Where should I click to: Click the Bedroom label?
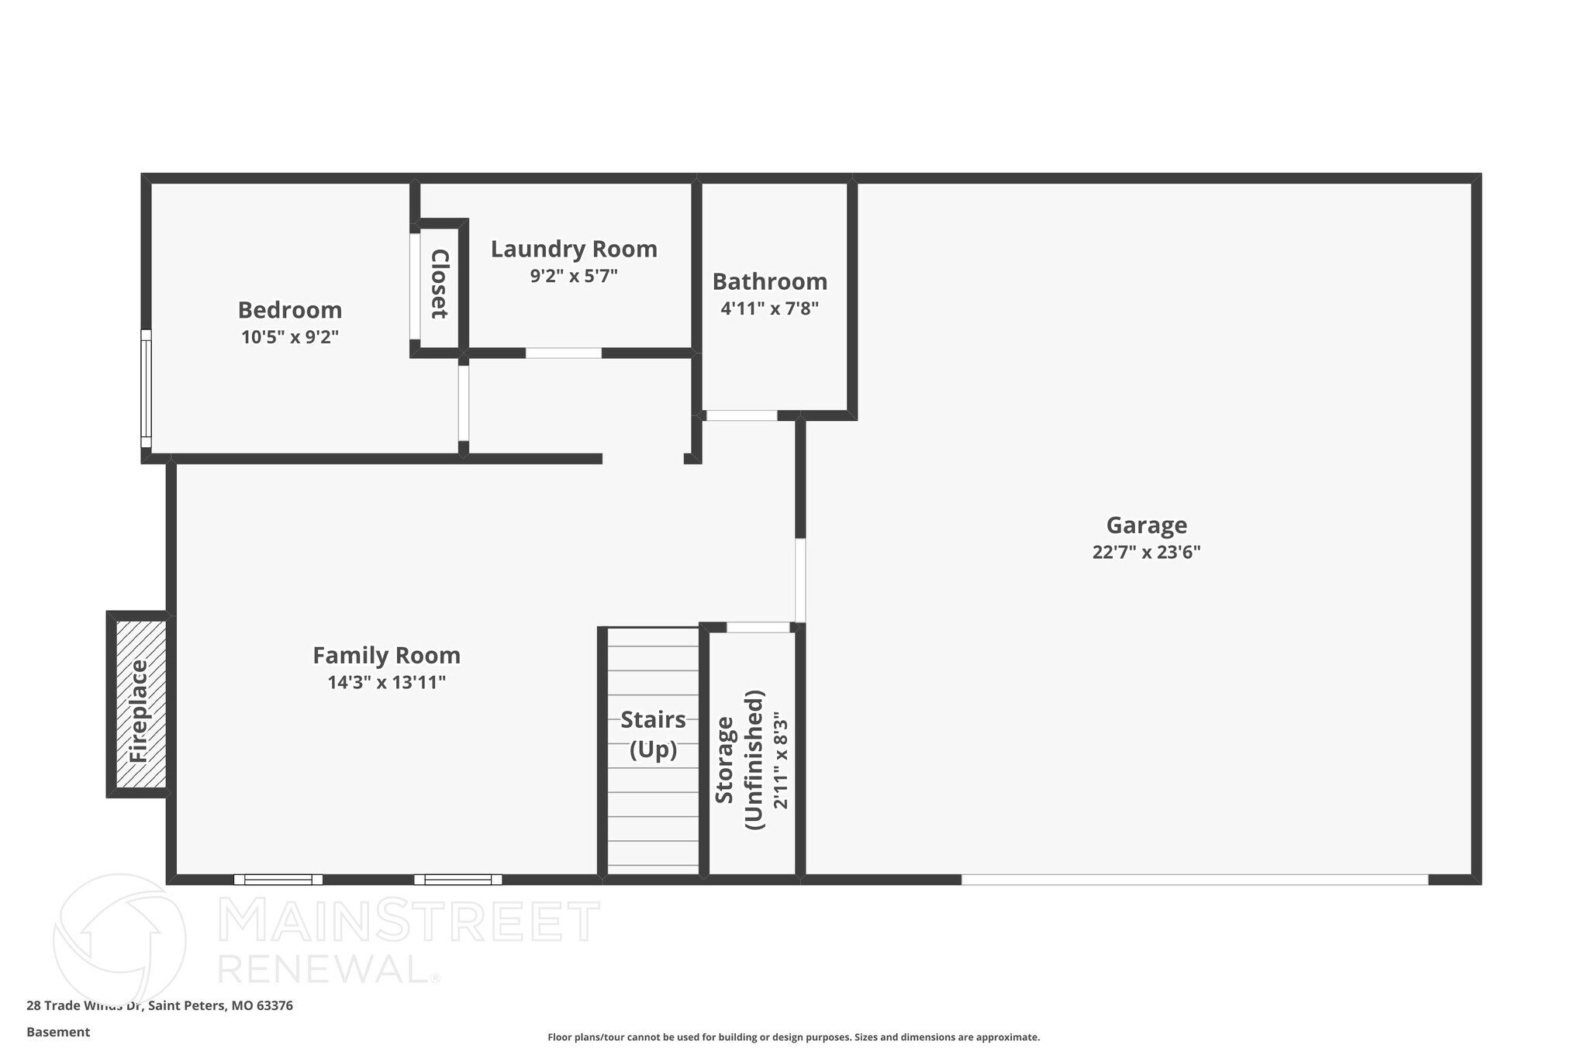pyautogui.click(x=289, y=310)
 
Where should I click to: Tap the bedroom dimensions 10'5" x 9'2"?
pyautogui.click(x=289, y=337)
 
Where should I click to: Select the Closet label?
pyautogui.click(x=439, y=284)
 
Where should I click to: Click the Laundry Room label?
pyautogui.click(x=574, y=249)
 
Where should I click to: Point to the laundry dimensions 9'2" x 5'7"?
pyautogui.click(x=574, y=276)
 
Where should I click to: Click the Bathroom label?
pyautogui.click(x=769, y=281)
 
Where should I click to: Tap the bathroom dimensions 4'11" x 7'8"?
pyautogui.click(x=769, y=308)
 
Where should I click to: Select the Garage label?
pyautogui.click(x=1146, y=526)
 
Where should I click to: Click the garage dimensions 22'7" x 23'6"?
pyautogui.click(x=1146, y=553)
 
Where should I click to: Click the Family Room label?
pyautogui.click(x=386, y=656)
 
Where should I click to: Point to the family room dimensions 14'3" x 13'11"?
pyautogui.click(x=386, y=683)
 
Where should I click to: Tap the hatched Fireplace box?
pyautogui.click(x=140, y=705)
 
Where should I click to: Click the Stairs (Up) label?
pyautogui.click(x=653, y=735)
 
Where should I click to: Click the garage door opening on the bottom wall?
pyautogui.click(x=1194, y=879)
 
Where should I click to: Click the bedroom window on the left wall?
pyautogui.click(x=146, y=389)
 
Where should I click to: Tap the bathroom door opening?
pyautogui.click(x=741, y=415)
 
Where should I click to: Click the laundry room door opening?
pyautogui.click(x=564, y=353)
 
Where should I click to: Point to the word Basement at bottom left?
pyautogui.click(x=58, y=1032)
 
